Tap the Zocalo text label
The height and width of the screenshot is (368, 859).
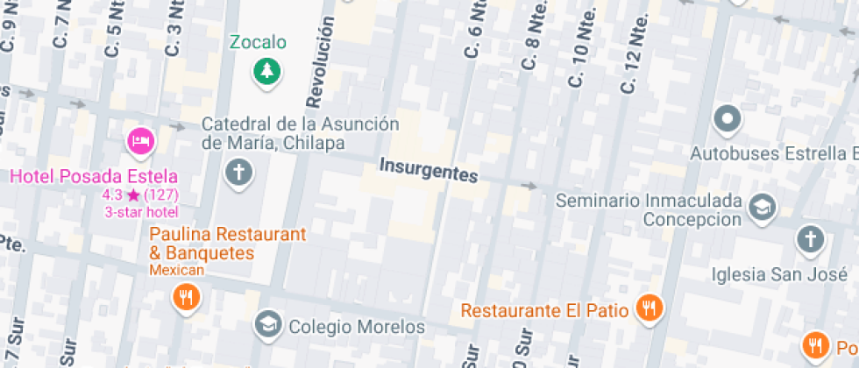[x=258, y=42]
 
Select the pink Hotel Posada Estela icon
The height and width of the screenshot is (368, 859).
[x=140, y=140]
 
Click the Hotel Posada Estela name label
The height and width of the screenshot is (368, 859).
[x=94, y=176]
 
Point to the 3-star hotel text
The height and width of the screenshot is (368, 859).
[x=141, y=212]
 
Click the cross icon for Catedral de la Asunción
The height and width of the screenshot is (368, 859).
[x=238, y=172]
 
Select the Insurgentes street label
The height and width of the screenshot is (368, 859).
[x=429, y=170]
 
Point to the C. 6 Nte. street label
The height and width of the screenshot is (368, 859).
[x=475, y=31]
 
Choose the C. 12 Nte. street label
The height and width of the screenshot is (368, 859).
[x=634, y=53]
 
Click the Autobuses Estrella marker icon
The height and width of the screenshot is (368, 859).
[x=727, y=118]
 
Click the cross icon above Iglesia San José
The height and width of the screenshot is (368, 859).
[x=811, y=238]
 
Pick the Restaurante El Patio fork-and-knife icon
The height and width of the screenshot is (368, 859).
[x=650, y=308]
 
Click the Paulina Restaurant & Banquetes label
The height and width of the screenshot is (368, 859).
[x=227, y=244]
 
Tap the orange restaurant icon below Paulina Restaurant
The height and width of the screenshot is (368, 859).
[x=186, y=297]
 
